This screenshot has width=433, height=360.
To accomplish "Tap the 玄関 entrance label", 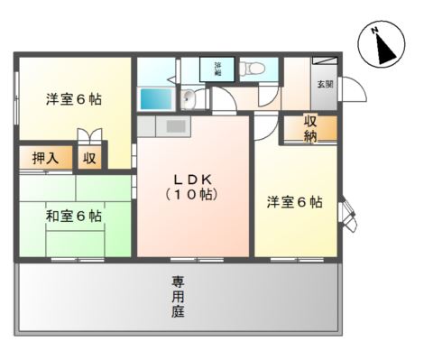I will coord(323,84).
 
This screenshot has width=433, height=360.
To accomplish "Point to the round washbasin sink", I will coord(189,99).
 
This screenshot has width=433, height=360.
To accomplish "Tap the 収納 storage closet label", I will coord(310,128).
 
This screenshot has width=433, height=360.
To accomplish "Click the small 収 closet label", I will coord(89,158).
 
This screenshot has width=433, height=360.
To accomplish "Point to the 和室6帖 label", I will coord(74,216).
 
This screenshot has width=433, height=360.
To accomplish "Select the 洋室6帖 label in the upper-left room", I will coord(73,99).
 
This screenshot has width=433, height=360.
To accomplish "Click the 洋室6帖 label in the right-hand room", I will coord(294,202).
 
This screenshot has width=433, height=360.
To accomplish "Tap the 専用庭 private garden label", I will coord(179,297).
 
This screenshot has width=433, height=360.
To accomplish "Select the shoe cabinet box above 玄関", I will coord(325,62).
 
